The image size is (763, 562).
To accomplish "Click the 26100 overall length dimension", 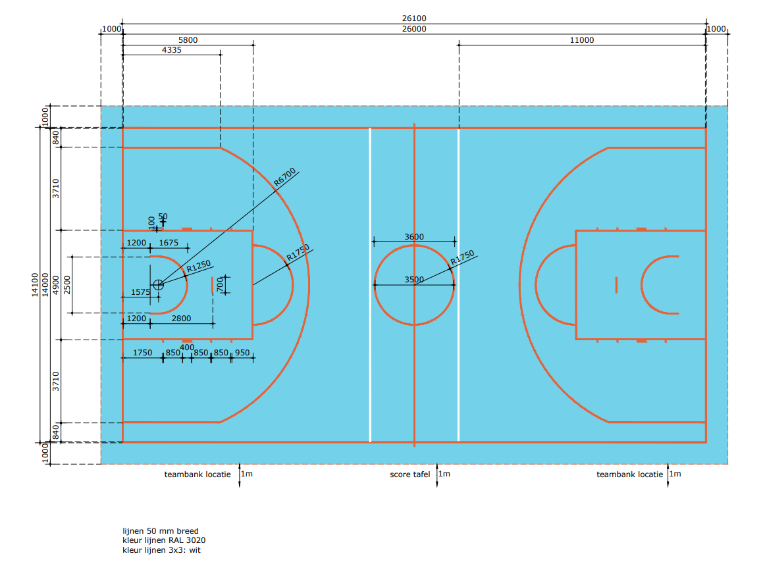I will click(x=414, y=18).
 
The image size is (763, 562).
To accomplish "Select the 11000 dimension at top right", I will click(x=582, y=40).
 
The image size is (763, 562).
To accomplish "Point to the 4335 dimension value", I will click(x=171, y=50).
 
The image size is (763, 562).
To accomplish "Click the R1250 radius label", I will click(x=199, y=267).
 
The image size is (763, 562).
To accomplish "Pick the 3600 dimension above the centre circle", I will click(x=414, y=237).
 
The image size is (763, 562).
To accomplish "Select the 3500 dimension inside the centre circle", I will click(x=414, y=280).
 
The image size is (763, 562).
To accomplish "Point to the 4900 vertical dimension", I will click(x=56, y=285).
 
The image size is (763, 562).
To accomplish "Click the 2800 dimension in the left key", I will click(x=181, y=319).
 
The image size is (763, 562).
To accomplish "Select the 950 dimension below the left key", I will click(x=242, y=353).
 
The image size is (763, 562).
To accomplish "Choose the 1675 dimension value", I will click(x=169, y=243).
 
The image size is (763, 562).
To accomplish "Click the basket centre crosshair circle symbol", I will click(x=158, y=284).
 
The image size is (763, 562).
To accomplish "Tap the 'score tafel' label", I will click(x=409, y=474).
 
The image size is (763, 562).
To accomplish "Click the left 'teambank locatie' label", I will click(x=197, y=474).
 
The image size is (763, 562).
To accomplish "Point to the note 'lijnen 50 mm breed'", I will click(x=160, y=531).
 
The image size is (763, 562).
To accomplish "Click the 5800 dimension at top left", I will click(x=188, y=40).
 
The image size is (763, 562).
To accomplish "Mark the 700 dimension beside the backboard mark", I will click(x=221, y=284).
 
